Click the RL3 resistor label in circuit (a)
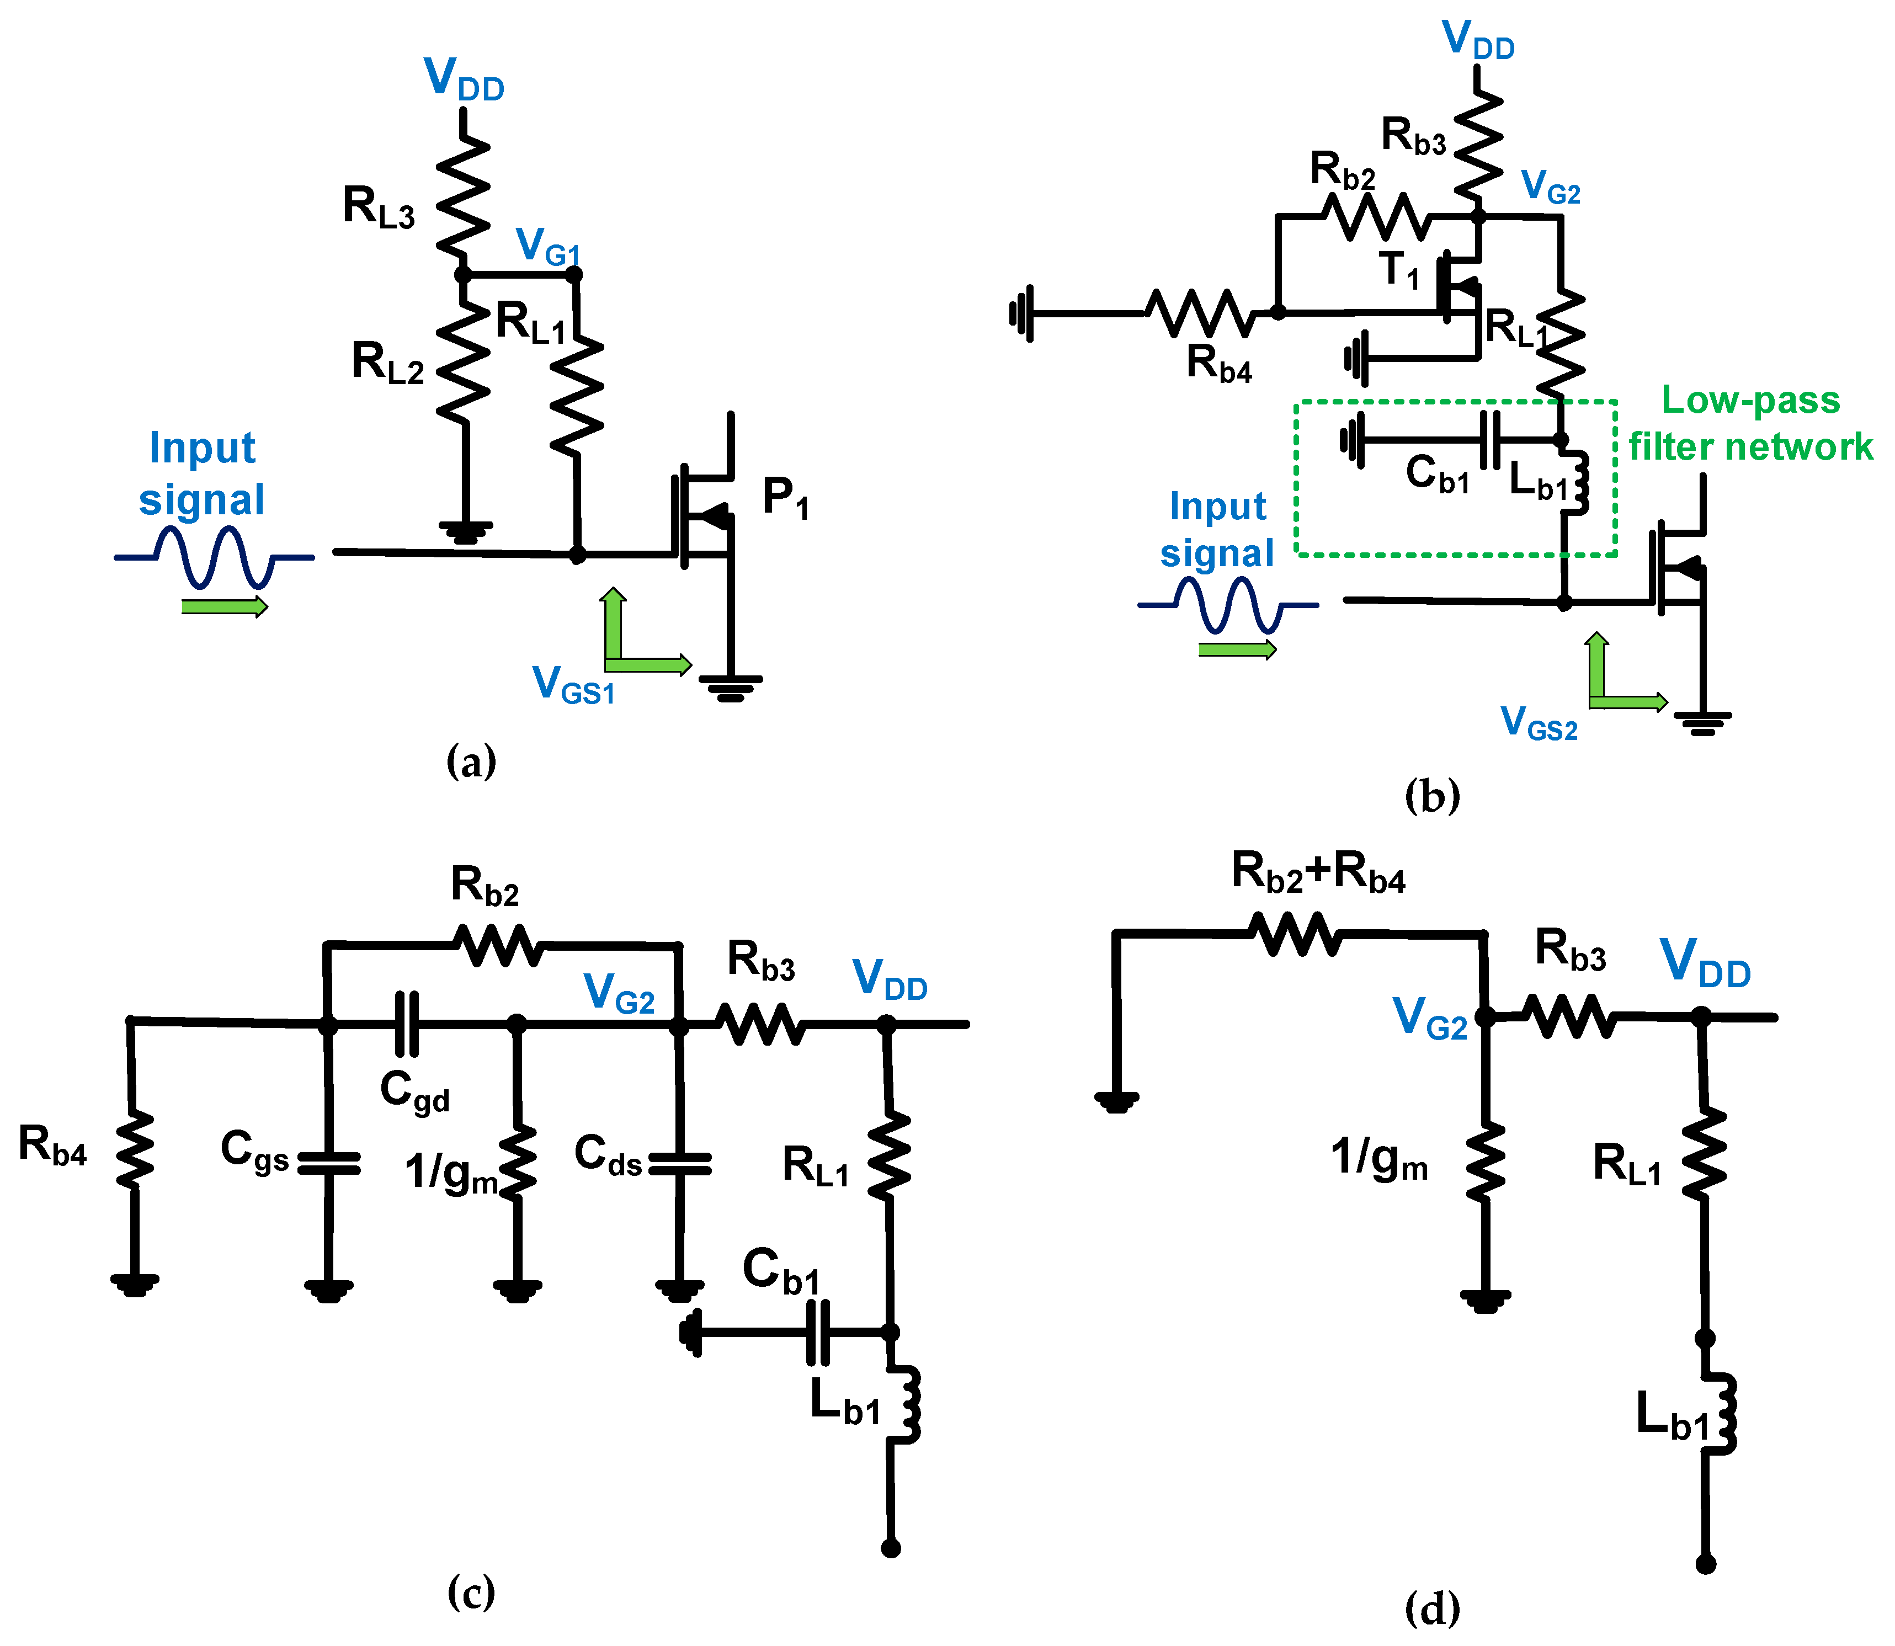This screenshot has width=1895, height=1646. (379, 206)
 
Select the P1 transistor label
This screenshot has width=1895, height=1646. (785, 499)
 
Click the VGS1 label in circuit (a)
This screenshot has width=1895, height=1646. (573, 686)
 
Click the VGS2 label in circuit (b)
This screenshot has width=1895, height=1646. (1539, 723)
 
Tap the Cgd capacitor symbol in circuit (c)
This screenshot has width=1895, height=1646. (406, 1023)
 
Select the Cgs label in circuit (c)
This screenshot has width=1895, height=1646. (254, 1150)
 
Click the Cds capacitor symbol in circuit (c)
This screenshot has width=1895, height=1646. (680, 1165)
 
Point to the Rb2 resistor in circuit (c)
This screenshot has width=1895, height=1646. (499, 944)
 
